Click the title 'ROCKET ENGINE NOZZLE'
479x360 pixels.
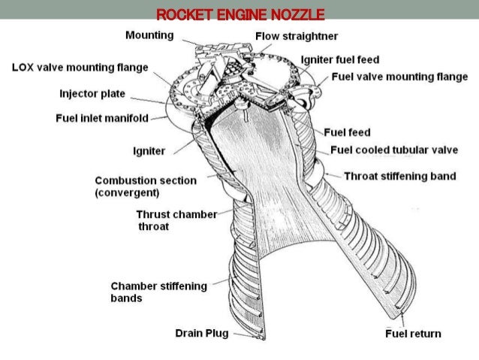(x=239, y=14)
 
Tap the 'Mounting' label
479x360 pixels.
(x=149, y=35)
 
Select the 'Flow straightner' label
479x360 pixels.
(x=297, y=36)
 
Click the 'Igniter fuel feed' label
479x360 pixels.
(x=339, y=59)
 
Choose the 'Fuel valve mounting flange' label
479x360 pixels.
(x=399, y=77)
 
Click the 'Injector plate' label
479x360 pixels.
(x=92, y=94)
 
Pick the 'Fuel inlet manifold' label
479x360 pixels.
(x=101, y=117)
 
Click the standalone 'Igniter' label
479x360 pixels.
(x=148, y=150)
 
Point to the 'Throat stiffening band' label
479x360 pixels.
(x=399, y=177)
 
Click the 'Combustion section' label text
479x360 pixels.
(x=146, y=180)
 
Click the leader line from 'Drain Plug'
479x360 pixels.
(x=242, y=331)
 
